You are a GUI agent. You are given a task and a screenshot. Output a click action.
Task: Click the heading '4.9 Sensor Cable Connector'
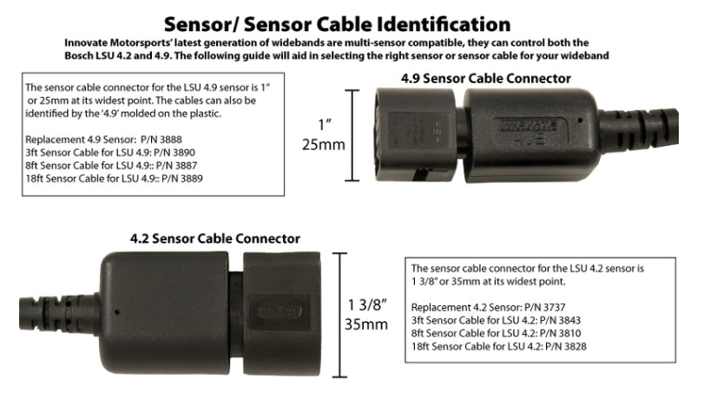(x=485, y=78)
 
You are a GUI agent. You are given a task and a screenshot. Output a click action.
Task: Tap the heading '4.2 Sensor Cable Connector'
(x=215, y=238)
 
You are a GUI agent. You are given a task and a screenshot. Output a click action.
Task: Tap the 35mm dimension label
(x=367, y=325)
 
